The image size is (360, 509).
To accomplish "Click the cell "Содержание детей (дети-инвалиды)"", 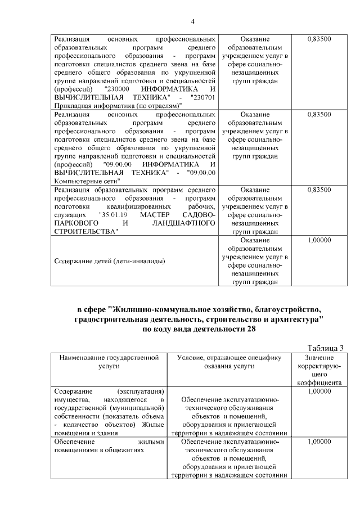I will [110, 260].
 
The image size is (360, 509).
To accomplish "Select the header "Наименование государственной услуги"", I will [108, 361].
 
